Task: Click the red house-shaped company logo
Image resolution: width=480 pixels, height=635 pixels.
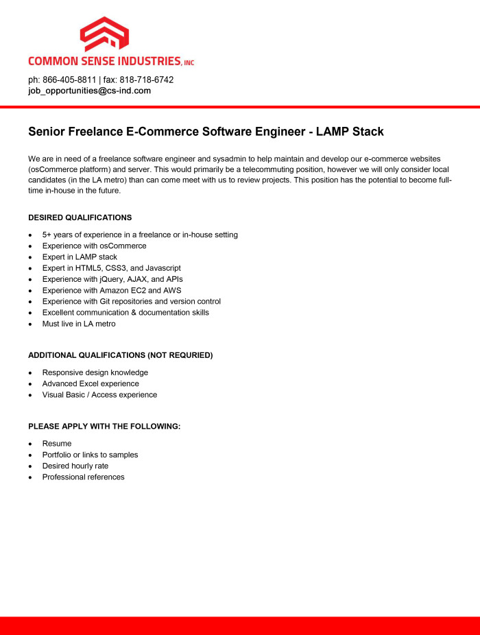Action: (104, 34)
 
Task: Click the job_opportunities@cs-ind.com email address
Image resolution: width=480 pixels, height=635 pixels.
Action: (89, 91)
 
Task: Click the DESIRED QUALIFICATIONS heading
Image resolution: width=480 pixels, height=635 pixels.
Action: (80, 217)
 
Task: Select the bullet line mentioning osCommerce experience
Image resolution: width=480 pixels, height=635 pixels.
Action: (94, 245)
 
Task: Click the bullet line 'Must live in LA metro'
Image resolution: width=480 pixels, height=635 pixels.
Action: (79, 324)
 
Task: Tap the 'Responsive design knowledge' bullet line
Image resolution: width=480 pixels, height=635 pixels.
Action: (95, 372)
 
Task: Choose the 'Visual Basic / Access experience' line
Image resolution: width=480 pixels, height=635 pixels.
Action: (99, 395)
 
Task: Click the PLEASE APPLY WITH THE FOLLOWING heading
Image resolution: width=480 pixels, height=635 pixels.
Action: (104, 427)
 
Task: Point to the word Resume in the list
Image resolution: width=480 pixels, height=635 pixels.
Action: (57, 444)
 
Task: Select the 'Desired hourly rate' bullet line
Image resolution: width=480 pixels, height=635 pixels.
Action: (75, 466)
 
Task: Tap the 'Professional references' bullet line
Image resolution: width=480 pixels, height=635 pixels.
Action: (83, 477)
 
